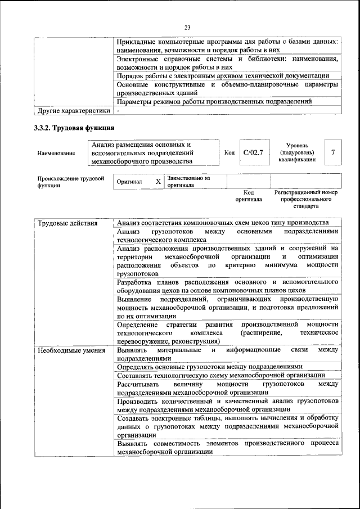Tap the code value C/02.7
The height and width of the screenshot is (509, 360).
click(x=253, y=152)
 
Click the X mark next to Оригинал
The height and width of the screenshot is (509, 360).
click(x=158, y=182)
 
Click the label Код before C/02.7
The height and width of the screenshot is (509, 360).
click(x=229, y=152)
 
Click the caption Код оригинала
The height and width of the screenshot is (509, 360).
click(x=249, y=196)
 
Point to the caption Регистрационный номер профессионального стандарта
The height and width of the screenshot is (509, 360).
click(x=305, y=199)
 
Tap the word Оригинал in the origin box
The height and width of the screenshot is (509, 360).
click(x=129, y=182)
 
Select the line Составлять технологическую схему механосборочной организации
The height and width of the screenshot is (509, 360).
click(x=220, y=375)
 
